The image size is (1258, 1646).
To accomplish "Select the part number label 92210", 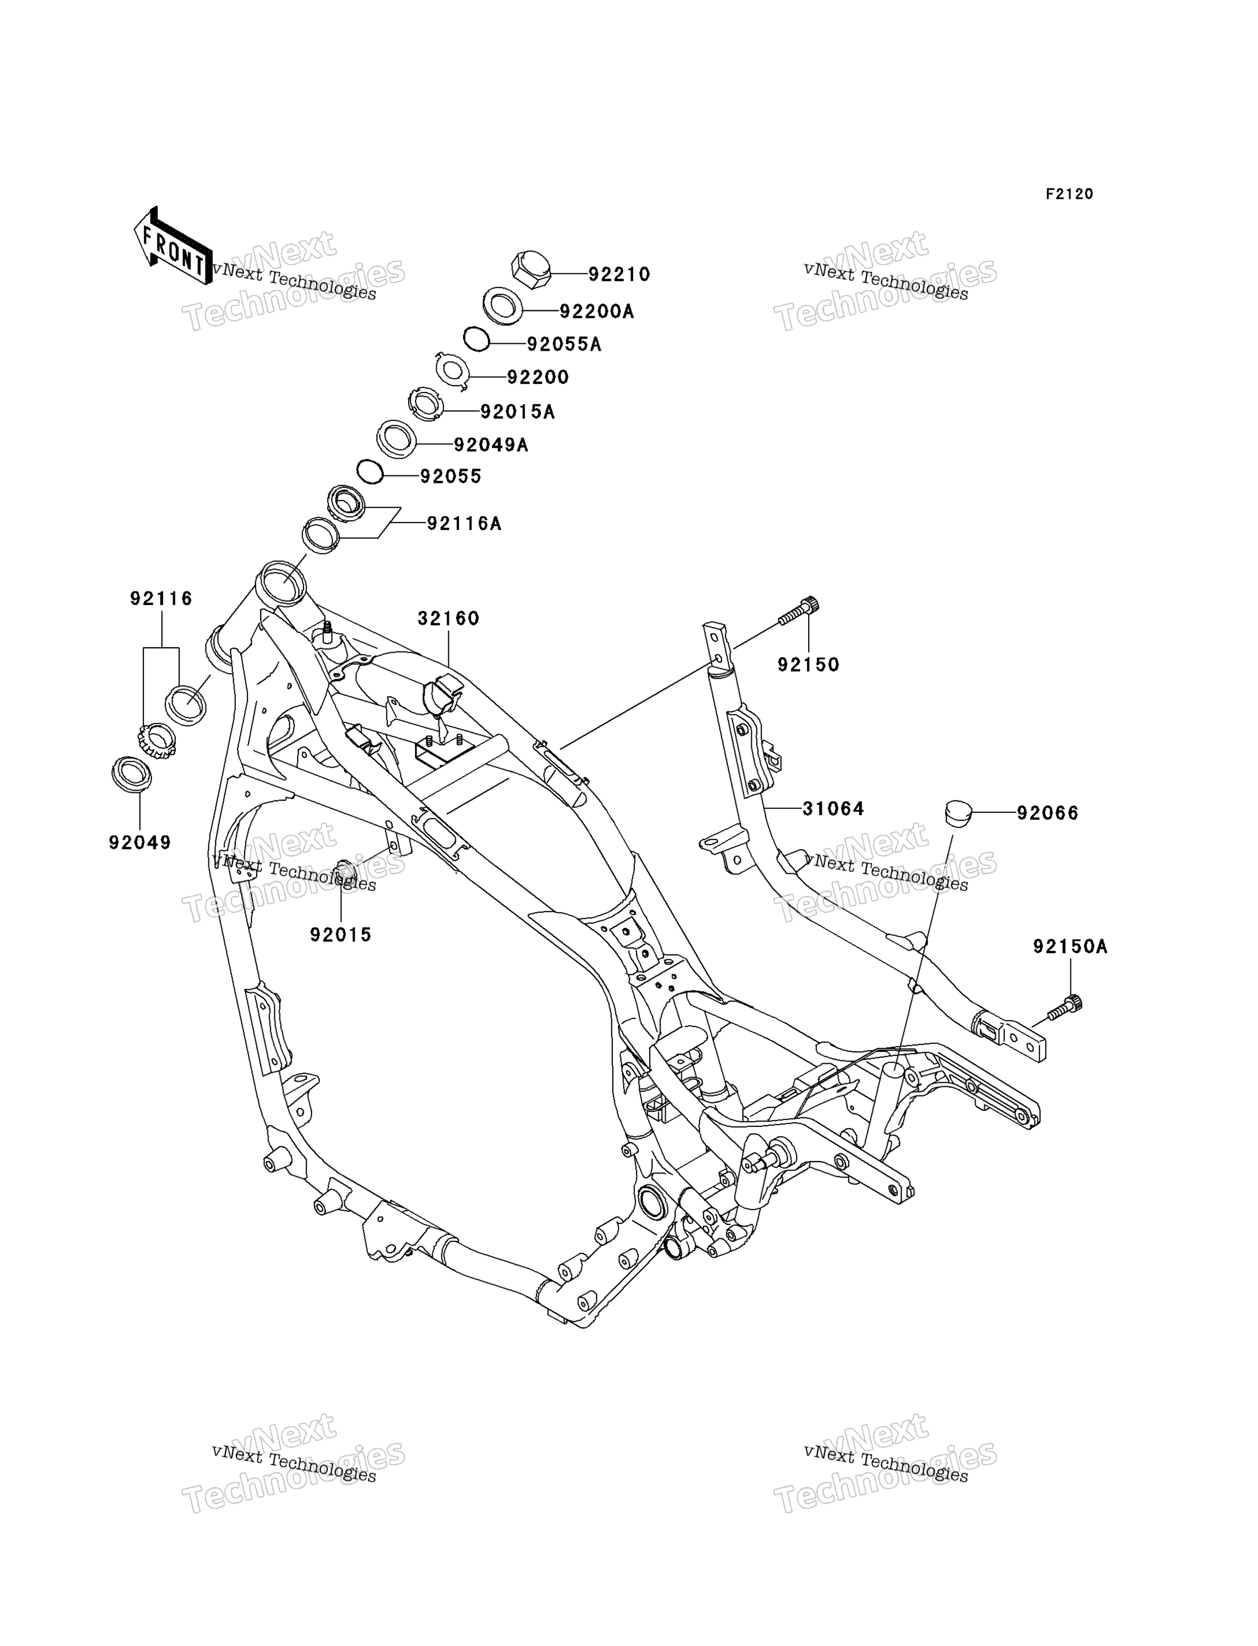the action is [619, 275].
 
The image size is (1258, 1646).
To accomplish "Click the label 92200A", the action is [597, 311].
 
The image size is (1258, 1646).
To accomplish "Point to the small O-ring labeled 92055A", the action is [476, 339].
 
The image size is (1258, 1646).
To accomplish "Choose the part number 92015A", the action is [518, 412].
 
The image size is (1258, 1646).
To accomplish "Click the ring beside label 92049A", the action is [396, 439].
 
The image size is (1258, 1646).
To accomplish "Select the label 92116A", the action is [464, 524].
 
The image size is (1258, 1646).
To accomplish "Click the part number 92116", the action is [161, 599].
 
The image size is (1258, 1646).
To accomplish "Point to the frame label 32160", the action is [449, 618].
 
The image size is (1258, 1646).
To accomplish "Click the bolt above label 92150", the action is [798, 611].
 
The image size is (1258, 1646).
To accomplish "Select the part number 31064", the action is [833, 808].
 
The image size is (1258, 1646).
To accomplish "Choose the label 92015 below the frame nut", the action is [341, 935].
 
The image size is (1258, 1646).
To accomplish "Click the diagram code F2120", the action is [1069, 194].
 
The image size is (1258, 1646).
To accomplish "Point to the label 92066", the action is [1047, 813].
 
